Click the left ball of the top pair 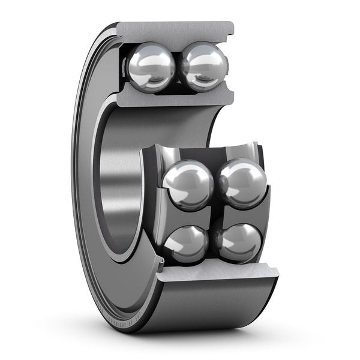pos(151,67)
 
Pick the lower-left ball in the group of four pos(186,244)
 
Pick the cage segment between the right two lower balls pos(240,213)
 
